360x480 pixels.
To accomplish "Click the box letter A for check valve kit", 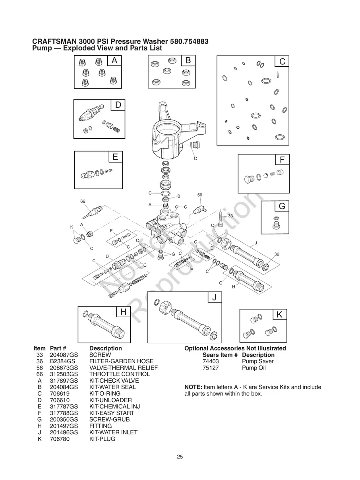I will [114, 61].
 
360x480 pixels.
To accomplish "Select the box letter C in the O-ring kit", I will [282, 62].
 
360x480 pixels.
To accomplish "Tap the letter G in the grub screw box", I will [282, 207].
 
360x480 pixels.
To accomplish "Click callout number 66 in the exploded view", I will [83, 201].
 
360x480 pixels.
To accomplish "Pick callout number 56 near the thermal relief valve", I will [200, 195].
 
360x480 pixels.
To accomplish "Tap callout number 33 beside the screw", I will [230, 216].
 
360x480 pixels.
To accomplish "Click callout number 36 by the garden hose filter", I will [277, 254].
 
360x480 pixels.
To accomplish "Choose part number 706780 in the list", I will [59, 439].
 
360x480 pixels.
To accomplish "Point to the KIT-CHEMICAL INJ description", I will [114, 406].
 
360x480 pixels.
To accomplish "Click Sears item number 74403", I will [211, 361].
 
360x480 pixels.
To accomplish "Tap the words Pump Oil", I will [254, 368].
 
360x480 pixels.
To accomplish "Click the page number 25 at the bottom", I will [180, 457].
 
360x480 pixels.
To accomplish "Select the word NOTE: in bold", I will [193, 387].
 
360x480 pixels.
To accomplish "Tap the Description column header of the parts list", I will [105, 348].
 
